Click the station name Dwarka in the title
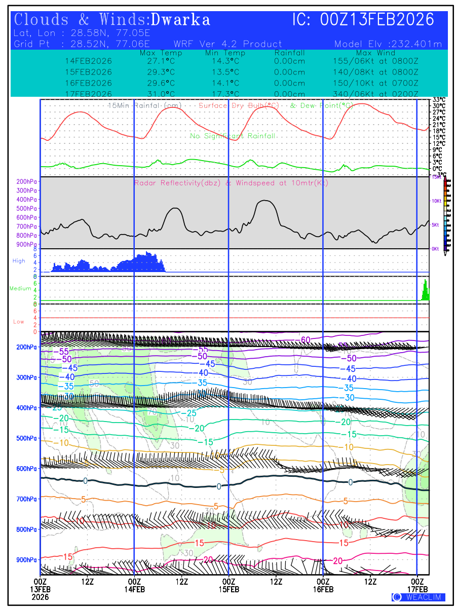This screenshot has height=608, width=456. coord(180,20)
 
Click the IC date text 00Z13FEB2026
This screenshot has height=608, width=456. coord(377,20)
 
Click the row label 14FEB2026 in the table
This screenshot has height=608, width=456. coord(89,61)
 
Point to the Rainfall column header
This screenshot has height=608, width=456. coord(289,53)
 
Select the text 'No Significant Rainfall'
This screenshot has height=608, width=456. coord(233,136)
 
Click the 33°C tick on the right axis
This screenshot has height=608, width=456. coord(439,100)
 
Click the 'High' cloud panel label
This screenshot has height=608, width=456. coord(19,261)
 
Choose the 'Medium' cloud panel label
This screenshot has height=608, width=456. coord(20,289)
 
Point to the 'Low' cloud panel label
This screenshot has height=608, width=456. coord(19,322)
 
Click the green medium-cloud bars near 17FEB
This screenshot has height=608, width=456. coord(426,291)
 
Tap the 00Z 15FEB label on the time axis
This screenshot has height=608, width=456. coord(229,585)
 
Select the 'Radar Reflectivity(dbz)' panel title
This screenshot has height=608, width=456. coord(177,183)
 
